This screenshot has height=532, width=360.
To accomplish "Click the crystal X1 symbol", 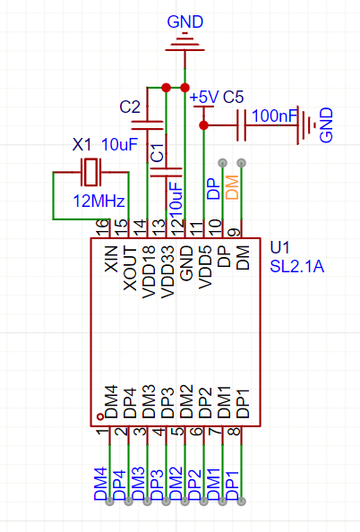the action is [90, 172].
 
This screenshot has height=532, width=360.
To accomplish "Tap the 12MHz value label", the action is [99, 202].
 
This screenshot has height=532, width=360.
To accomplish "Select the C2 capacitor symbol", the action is [147, 125].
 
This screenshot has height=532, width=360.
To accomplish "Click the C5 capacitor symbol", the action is [241, 125].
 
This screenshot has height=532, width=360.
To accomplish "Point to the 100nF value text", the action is [275, 116].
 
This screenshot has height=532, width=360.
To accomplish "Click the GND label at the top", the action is [184, 22].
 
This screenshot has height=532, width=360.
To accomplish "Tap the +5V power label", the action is [204, 98].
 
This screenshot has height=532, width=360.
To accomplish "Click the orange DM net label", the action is [233, 187].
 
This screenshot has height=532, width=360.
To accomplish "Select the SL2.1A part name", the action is [297, 267].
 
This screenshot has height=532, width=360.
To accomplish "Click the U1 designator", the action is [279, 248].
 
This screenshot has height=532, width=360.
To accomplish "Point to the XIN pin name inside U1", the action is [111, 259].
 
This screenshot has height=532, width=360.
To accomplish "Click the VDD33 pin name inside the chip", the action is [167, 272].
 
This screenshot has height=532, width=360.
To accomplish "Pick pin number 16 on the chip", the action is [103, 227].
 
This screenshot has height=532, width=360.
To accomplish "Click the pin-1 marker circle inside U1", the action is [100, 416].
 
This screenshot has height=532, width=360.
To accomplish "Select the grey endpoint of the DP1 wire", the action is [241, 502].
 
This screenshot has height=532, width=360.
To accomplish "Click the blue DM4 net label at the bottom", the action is [101, 484].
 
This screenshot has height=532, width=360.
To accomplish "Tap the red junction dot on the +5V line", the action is [203, 125].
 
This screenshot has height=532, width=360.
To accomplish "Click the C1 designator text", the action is [158, 152].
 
